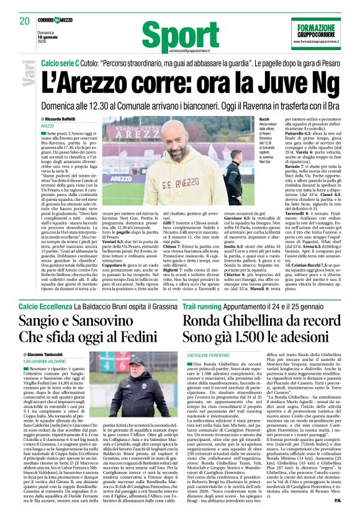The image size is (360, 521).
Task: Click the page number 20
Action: [x=25, y=21]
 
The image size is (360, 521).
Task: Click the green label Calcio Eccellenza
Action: [x=45, y=307]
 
